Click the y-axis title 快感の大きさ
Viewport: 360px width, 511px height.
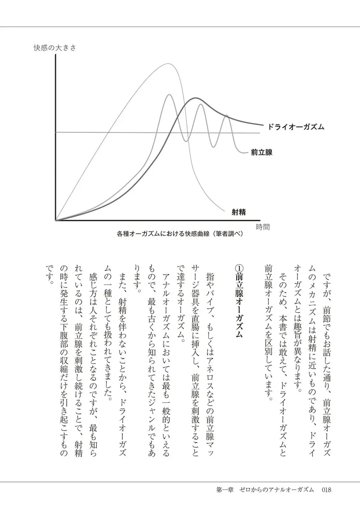tap(55, 48)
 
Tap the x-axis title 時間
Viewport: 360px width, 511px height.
tap(263, 227)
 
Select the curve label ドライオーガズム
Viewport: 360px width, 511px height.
tap(296, 127)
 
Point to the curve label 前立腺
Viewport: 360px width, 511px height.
tap(262, 152)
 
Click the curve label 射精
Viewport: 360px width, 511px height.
tap(239, 212)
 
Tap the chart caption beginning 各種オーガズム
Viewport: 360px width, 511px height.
tap(180, 234)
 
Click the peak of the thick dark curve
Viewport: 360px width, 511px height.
tap(195, 98)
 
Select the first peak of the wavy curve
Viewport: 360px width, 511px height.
tap(169, 95)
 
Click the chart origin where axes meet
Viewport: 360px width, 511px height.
tap(55, 220)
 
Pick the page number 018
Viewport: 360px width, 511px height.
tap(326, 490)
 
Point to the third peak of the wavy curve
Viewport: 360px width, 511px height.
tap(227, 115)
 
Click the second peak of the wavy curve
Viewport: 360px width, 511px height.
tap(201, 105)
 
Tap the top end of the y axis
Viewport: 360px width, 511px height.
tap(55, 54)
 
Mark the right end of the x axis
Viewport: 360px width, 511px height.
tap(259, 220)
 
